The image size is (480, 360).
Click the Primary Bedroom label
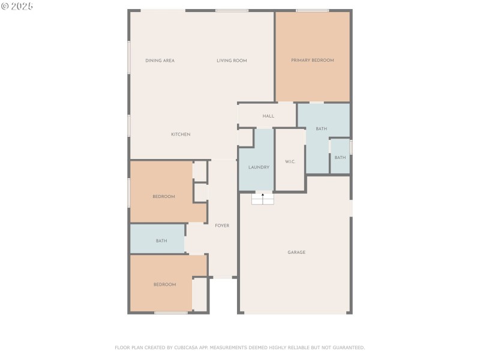[312, 60]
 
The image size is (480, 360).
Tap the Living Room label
[232, 61]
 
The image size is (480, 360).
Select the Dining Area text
[160, 61]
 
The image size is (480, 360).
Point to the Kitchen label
[181, 134]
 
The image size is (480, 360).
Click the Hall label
[268, 116]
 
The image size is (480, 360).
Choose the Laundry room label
[259, 167]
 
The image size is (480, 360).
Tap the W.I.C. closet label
[290, 161]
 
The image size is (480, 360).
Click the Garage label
[296, 253]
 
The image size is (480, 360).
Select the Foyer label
[222, 226]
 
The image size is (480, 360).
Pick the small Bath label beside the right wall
[340, 158]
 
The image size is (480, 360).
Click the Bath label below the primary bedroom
[322, 129]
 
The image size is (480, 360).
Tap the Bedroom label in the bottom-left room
[164, 284]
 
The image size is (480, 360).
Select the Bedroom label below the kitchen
[163, 197]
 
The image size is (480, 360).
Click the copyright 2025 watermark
[17, 5]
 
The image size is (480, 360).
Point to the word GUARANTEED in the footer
[347, 347]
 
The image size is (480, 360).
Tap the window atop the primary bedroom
[312, 10]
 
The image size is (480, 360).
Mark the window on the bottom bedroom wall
[171, 313]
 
